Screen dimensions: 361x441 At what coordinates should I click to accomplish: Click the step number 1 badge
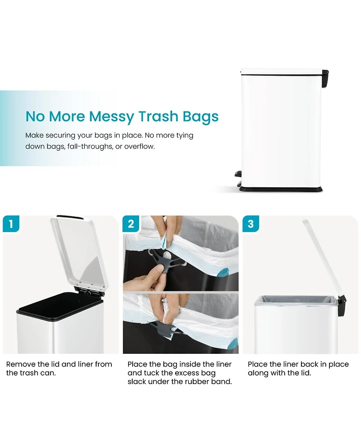[x=11, y=224]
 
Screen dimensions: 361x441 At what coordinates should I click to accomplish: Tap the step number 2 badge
[x=131, y=224]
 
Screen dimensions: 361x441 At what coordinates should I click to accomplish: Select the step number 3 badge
[x=250, y=224]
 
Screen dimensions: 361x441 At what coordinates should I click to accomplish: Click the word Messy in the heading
[x=111, y=116]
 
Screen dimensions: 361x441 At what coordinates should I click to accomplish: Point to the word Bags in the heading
[x=200, y=117]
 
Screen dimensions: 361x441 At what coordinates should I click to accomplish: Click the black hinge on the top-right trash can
[x=325, y=78]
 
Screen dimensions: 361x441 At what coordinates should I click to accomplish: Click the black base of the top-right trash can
[x=281, y=189]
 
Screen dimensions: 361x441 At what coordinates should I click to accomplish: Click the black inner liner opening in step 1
[x=60, y=306]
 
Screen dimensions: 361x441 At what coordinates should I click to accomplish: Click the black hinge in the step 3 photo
[x=342, y=306]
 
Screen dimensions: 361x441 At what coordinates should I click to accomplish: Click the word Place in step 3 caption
[x=258, y=364]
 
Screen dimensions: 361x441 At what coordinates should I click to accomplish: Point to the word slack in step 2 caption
[x=136, y=382]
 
